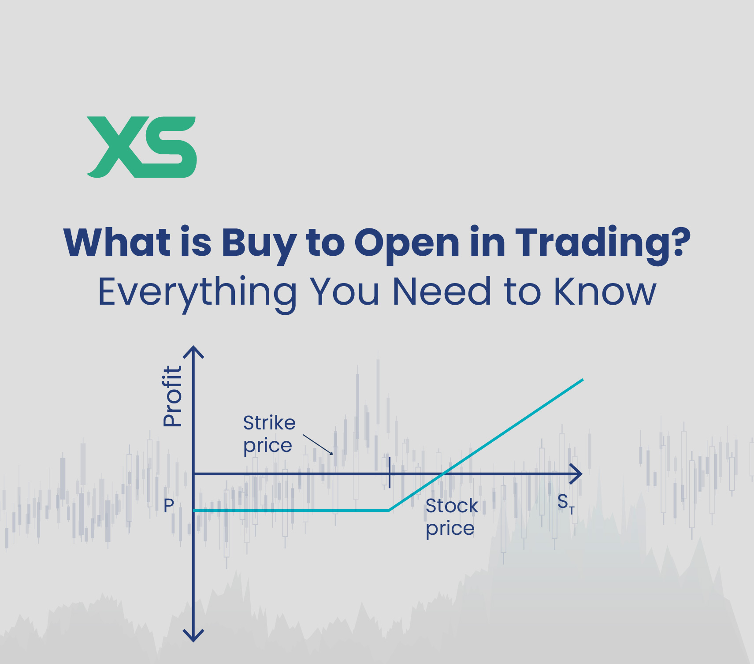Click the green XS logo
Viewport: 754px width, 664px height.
141,147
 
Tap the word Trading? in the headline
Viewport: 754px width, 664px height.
602,242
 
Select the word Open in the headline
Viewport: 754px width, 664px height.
407,242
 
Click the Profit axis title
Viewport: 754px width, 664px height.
172,396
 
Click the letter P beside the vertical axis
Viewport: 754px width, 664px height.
169,506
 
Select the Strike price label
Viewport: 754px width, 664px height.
269,434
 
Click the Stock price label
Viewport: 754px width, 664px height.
451,517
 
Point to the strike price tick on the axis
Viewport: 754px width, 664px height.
390,473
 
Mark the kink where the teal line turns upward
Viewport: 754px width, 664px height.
389,510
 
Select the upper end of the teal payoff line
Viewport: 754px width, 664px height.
582,380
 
